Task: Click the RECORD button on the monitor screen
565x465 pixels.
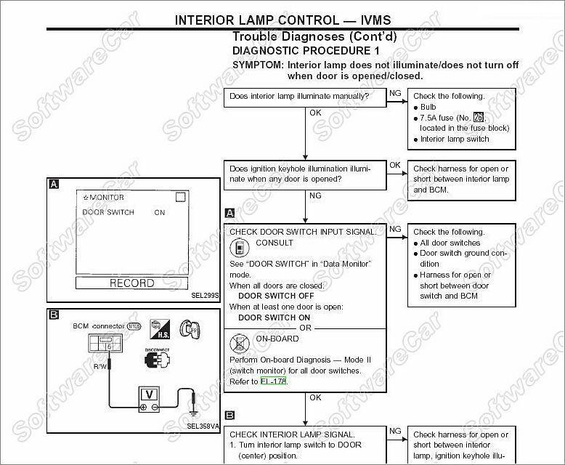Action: pyautogui.click(x=131, y=283)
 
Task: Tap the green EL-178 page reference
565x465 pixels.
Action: pyautogui.click(x=274, y=381)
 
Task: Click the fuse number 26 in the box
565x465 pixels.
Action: pyautogui.click(x=478, y=118)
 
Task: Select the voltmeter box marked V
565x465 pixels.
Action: pyautogui.click(x=149, y=395)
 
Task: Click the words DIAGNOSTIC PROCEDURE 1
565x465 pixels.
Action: pyautogui.click(x=306, y=51)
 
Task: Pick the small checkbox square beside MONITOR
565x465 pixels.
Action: pyautogui.click(x=181, y=196)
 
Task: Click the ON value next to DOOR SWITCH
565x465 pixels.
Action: pyautogui.click(x=160, y=213)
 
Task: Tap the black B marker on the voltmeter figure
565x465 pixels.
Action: pyautogui.click(x=53, y=315)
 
